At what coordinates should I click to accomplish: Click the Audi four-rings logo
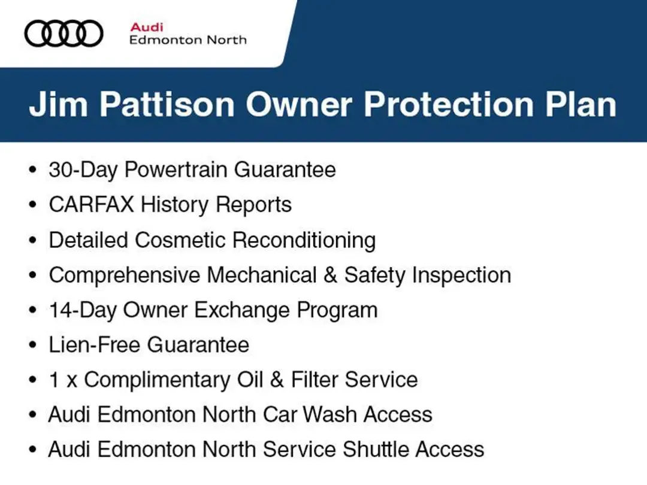coord(64,34)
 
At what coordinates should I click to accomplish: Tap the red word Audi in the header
coord(147,27)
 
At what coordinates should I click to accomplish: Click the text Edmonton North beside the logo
coord(188,40)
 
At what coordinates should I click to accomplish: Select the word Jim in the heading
coord(58,104)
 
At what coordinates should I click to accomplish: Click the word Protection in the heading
coord(449,104)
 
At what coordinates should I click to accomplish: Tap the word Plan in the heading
coord(581,104)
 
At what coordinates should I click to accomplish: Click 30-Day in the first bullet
coord(83,170)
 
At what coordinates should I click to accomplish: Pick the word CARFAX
coord(91,205)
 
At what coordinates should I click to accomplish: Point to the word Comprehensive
coord(124,275)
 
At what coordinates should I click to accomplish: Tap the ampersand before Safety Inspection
coord(330,275)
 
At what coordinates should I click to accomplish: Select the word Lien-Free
coord(95,345)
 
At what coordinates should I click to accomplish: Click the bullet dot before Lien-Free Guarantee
coord(32,345)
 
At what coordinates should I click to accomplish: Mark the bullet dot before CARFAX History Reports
coord(32,205)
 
